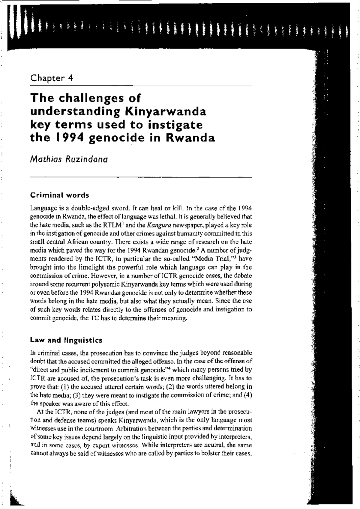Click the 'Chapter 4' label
52,78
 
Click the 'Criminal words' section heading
60,195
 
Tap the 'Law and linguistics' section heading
66,340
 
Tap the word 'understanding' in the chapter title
75,112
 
